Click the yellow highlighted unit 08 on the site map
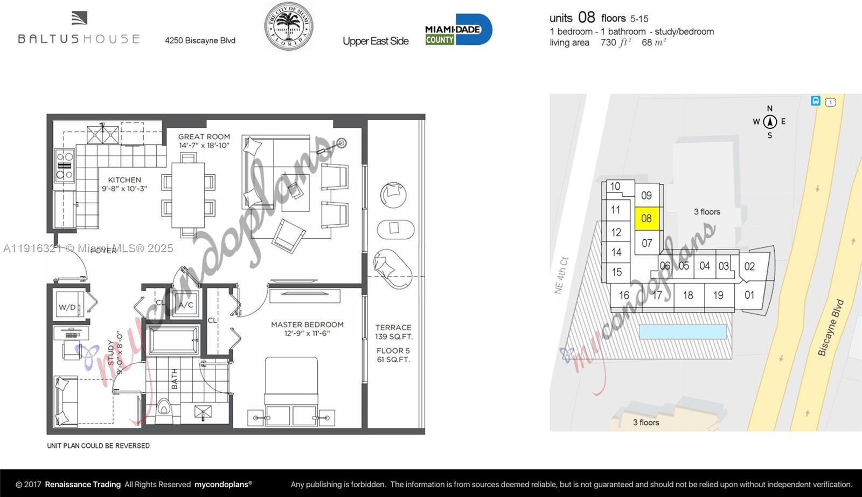[646, 218]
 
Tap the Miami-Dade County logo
[458, 30]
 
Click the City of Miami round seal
[288, 26]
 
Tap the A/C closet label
[186, 305]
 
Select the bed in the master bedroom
[291, 388]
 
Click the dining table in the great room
[188, 195]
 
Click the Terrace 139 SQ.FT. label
[393, 332]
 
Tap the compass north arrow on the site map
[769, 121]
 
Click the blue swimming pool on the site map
[683, 331]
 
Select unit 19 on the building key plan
[718, 295]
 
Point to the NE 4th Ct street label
[561, 275]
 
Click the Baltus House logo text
[79, 39]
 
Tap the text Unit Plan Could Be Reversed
[98, 446]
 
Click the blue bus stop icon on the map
[816, 101]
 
